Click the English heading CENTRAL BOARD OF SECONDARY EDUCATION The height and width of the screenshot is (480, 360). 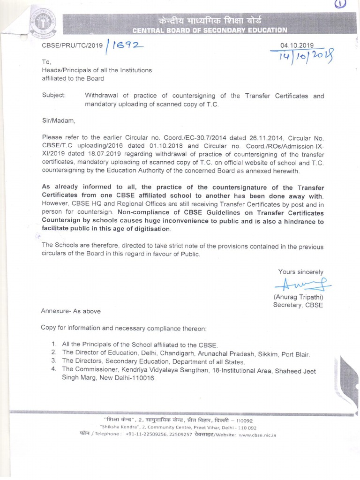point(210,30)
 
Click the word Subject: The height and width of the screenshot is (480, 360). point(54,96)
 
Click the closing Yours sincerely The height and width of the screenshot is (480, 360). point(300,271)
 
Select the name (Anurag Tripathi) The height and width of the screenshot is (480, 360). point(298,297)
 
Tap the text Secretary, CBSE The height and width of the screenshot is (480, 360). point(298,305)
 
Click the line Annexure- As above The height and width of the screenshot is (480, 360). point(71,311)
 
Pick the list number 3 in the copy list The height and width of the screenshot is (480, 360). point(54,361)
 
